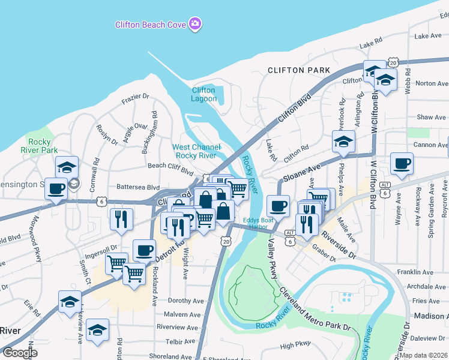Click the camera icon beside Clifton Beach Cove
click(194, 24)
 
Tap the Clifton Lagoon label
click(203, 94)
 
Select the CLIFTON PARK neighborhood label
click(299, 70)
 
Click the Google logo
click(20, 353)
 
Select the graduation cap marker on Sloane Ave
click(344, 142)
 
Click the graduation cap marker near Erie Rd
click(70, 301)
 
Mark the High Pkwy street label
click(295, 346)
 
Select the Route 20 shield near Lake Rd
click(393, 62)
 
